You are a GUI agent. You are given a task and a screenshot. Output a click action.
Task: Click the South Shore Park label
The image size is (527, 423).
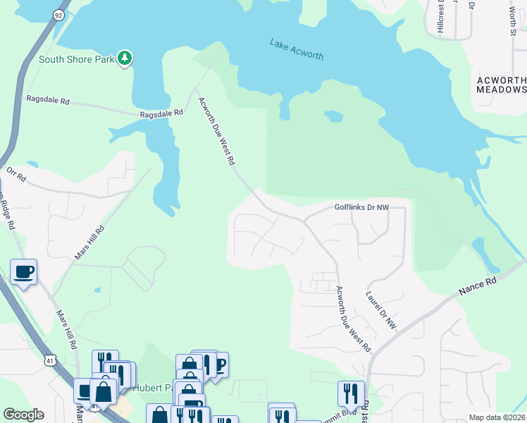pyautogui.click(x=75, y=59)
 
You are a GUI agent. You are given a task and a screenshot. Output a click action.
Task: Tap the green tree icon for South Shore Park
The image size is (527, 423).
pyautogui.click(x=125, y=58)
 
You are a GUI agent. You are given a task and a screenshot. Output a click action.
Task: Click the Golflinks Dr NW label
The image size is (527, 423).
pyautogui.click(x=361, y=208)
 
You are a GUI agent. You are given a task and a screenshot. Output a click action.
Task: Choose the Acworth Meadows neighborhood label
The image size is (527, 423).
pyautogui.click(x=501, y=85)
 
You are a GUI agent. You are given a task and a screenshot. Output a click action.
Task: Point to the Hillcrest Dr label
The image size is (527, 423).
pyautogui.click(x=440, y=16)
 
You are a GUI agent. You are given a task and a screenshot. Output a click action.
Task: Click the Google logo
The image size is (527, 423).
pyautogui.click(x=23, y=415)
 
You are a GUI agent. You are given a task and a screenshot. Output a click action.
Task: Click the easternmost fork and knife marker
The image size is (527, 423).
pyautogui.click(x=350, y=393)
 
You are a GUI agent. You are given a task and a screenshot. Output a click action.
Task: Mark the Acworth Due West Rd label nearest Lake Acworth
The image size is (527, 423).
pyautogui.click(x=216, y=131)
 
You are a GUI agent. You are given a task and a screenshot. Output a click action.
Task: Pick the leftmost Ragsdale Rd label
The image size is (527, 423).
pyautogui.click(x=46, y=102)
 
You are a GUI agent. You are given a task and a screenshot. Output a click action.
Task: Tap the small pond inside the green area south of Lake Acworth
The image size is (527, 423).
pyautogui.click(x=333, y=116)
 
